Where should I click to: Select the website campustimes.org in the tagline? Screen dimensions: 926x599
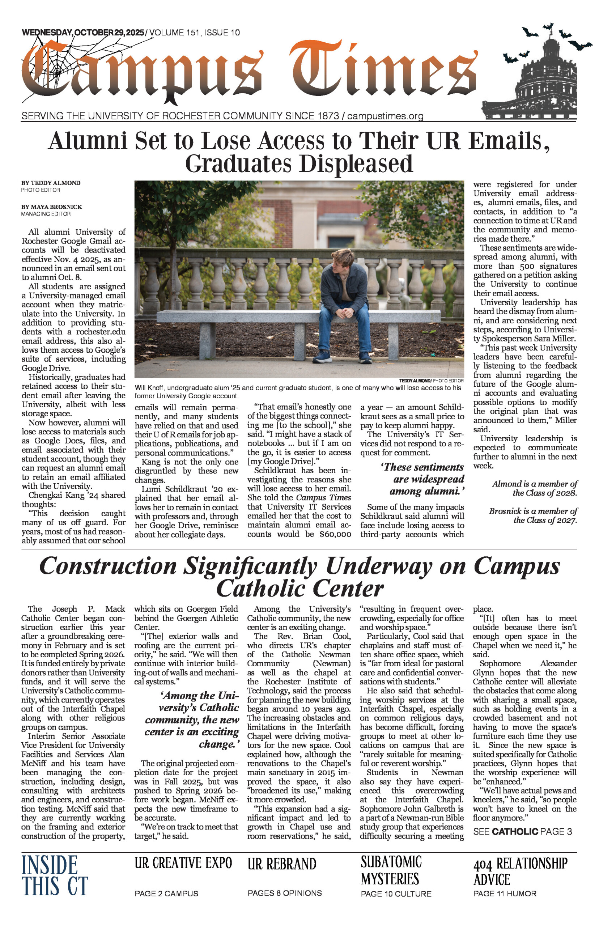pyautogui.click(x=385, y=116)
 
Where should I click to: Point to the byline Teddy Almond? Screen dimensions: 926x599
pyautogui.click(x=51, y=183)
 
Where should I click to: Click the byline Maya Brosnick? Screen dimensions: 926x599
pyautogui.click(x=52, y=207)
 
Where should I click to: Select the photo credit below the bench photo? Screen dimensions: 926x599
pyautogui.click(x=431, y=381)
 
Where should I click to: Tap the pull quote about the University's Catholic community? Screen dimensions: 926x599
pyautogui.click(x=191, y=719)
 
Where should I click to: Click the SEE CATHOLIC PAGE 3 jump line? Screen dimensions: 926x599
pyautogui.click(x=522, y=832)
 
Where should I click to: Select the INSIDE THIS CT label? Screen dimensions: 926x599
pyautogui.click(x=55, y=875)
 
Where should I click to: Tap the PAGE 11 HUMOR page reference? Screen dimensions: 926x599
pyautogui.click(x=505, y=894)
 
